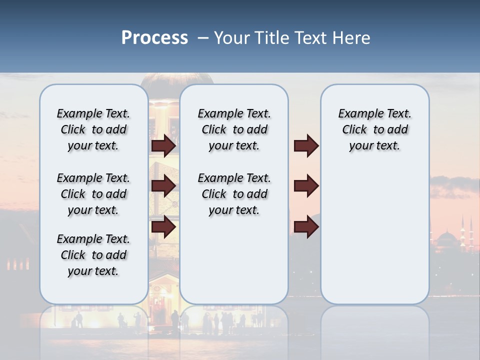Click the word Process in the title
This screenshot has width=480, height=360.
[x=154, y=38]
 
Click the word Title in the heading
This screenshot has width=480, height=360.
[x=272, y=38]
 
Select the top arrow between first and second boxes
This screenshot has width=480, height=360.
[x=163, y=145]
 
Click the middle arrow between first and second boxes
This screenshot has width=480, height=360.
[x=163, y=186]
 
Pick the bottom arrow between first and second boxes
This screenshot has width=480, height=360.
[x=163, y=227]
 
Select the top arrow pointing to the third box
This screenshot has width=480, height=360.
[x=306, y=145]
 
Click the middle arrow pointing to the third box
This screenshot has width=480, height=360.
[x=306, y=186]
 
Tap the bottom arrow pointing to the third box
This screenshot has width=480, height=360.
[x=306, y=227]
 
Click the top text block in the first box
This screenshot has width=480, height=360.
[x=93, y=129]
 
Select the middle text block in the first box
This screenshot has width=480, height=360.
[x=93, y=194]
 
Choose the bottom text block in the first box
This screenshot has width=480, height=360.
[x=93, y=255]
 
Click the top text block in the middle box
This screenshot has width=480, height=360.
[x=234, y=129]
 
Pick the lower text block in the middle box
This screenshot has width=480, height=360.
[x=234, y=194]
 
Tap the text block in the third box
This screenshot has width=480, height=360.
[x=374, y=129]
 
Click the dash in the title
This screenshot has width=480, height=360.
[x=202, y=38]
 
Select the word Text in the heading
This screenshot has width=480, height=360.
[x=311, y=38]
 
